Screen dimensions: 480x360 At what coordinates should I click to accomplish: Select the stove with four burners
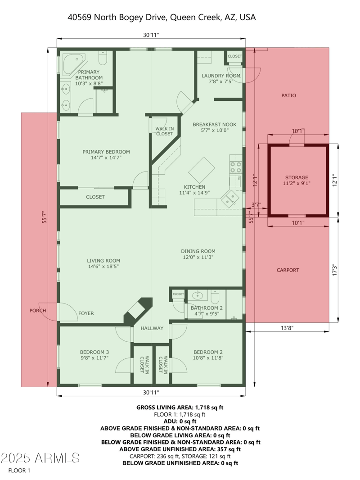pos(236,168)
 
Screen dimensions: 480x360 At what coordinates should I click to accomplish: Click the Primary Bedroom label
pos(106,152)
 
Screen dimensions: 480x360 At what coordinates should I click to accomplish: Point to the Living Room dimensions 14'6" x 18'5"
pos(103,267)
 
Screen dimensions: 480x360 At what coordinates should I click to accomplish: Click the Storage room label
pos(297,177)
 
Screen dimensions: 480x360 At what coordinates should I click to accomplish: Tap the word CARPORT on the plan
pos(288,270)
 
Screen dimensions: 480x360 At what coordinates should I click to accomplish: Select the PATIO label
pos(288,95)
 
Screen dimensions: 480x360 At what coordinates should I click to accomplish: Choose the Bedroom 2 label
pos(208,352)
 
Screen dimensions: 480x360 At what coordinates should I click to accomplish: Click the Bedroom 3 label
pos(94,352)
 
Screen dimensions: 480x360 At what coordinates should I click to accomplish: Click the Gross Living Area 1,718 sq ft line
pos(180,407)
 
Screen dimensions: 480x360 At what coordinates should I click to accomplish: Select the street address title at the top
pos(162,17)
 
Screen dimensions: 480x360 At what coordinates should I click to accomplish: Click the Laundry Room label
pos(221,76)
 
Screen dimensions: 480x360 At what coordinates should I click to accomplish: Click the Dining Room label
pos(198,251)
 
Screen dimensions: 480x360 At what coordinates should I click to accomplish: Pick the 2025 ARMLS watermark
pos(40,458)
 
